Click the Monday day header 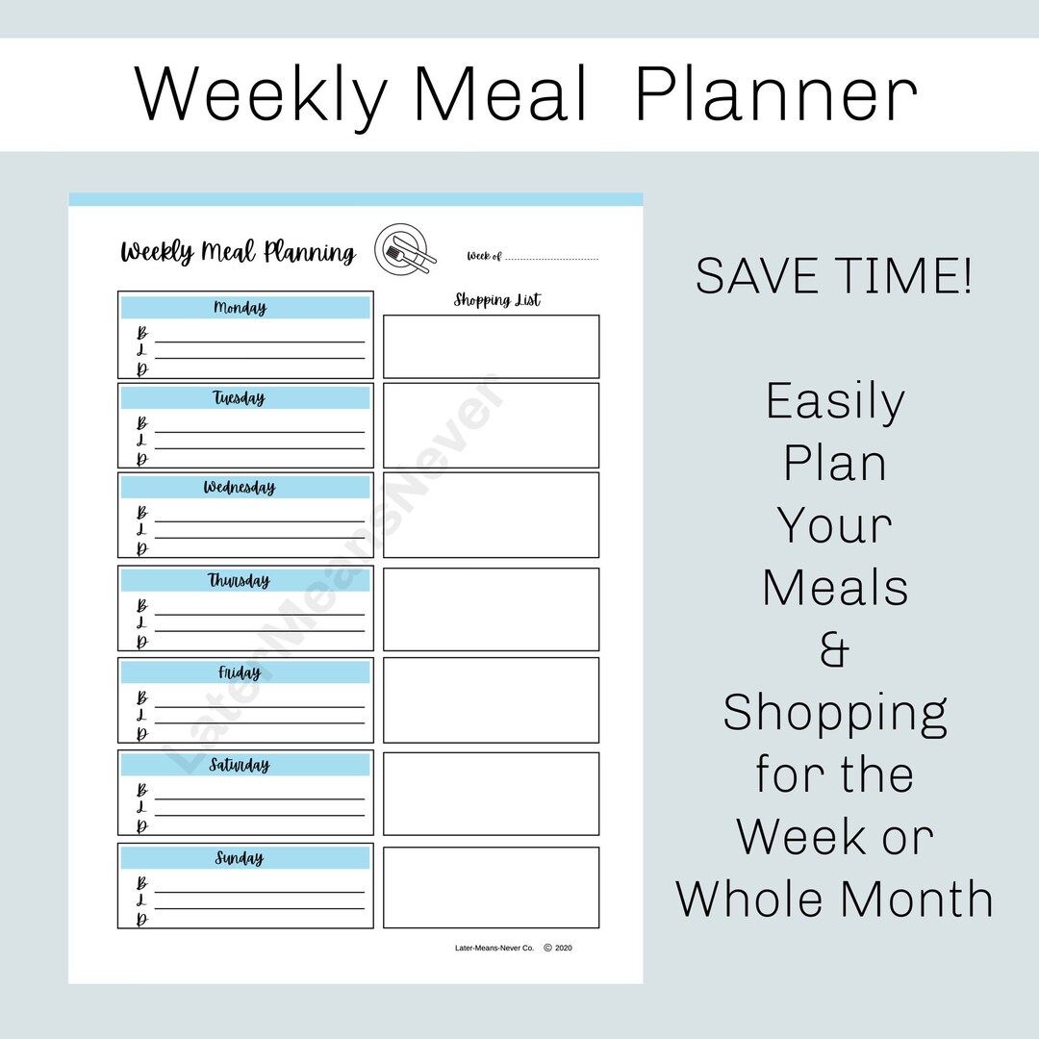(x=241, y=308)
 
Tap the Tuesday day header (x=239, y=397)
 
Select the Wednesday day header (x=239, y=487)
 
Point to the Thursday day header (x=239, y=580)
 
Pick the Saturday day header (x=240, y=765)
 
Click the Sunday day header (x=239, y=857)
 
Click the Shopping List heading (x=497, y=300)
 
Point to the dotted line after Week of (x=551, y=258)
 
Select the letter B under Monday (x=142, y=333)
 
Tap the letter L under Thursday (x=141, y=623)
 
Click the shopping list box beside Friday (x=491, y=699)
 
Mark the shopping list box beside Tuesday (x=491, y=425)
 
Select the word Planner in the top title (x=775, y=94)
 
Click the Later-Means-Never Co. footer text (x=494, y=948)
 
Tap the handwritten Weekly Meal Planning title (x=238, y=252)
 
